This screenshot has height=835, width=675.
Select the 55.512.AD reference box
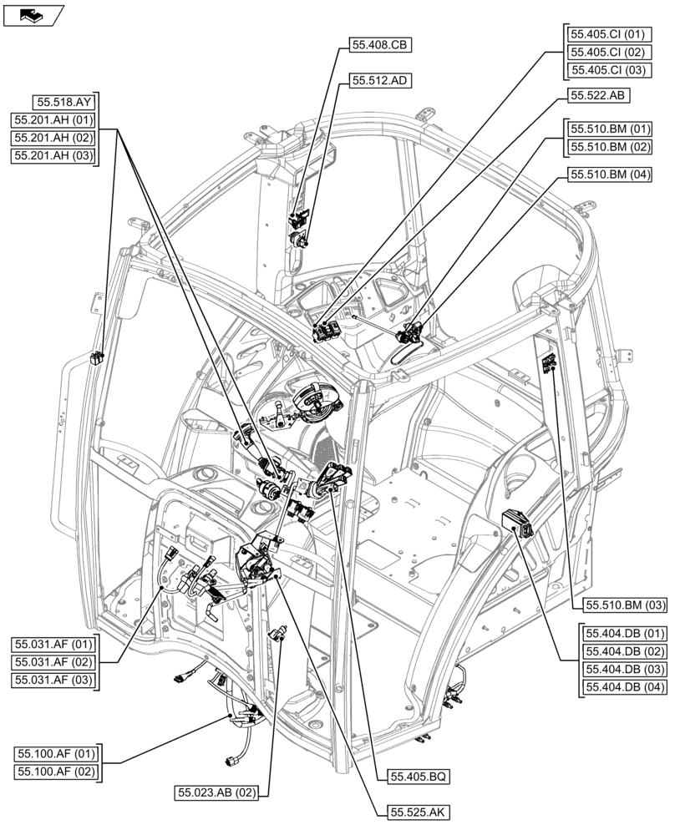pyautogui.click(x=380, y=81)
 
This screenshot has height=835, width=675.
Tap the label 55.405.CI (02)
pyautogui.click(x=607, y=53)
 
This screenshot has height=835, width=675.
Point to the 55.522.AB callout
pyautogui.click(x=598, y=96)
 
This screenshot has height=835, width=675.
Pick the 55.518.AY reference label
pyautogui.click(x=64, y=103)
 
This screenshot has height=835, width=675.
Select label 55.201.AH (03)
pyautogui.click(x=53, y=155)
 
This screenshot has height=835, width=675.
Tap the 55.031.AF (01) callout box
pyautogui.click(x=53, y=645)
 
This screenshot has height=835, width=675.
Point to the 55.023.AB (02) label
pyautogui.click(x=216, y=792)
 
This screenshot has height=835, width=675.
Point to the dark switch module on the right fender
pyautogui.click(x=517, y=523)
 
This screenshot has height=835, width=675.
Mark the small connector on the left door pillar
pyautogui.click(x=97, y=358)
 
